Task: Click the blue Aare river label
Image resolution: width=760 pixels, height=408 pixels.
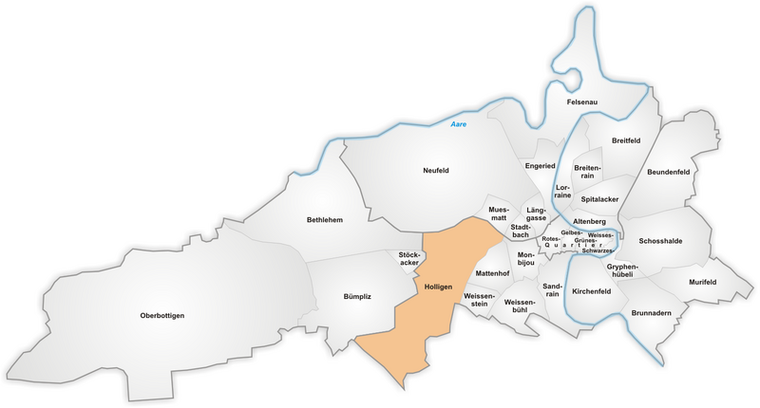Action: [459, 124]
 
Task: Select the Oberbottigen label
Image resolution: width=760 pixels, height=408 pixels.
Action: [161, 315]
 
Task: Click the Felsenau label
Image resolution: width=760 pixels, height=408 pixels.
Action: [581, 100]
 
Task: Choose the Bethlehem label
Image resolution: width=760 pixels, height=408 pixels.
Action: [324, 220]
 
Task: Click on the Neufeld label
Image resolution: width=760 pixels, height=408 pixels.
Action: [435, 170]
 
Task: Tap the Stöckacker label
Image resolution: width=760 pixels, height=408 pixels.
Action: [408, 258]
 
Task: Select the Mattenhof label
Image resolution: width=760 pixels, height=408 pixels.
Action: [492, 273]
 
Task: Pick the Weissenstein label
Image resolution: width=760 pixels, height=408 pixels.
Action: [479, 299]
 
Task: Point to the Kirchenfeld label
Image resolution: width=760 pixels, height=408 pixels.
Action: [592, 289]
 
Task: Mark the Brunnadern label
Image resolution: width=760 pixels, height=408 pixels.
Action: [651, 312]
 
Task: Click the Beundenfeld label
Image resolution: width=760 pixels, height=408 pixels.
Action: [668, 172]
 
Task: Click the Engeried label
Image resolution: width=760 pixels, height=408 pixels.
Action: [540, 165]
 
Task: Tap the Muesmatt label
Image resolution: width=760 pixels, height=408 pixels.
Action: [498, 213]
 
